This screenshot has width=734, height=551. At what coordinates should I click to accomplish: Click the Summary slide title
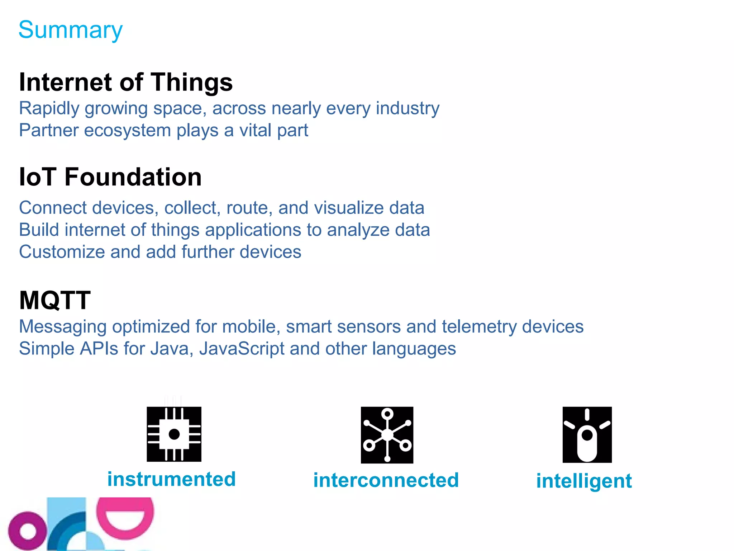pos(71,30)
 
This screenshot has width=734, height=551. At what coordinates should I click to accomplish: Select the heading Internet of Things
pos(126,82)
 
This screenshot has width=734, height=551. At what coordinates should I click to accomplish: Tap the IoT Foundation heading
pos(110,177)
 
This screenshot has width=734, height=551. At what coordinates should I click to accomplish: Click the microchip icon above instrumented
pos(174,434)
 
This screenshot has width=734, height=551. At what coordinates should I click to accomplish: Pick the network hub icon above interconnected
pos(387,435)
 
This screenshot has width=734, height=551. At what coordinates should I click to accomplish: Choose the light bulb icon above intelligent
pos(587,435)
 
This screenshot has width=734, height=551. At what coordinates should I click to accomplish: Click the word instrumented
pos(171,479)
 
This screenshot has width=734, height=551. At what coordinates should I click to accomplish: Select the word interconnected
pos(386,480)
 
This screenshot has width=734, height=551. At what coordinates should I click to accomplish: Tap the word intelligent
pos(584,481)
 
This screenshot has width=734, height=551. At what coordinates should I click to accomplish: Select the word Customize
pos(62,252)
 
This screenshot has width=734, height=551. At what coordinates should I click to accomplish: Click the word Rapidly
pos(49,109)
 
